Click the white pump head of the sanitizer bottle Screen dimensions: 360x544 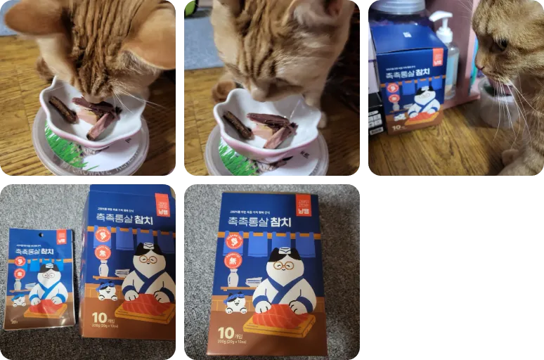click(x=441, y=17)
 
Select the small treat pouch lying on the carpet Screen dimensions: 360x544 click(x=40, y=278)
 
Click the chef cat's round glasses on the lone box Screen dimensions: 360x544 click(x=283, y=264)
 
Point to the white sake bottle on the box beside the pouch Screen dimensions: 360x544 click(x=104, y=267)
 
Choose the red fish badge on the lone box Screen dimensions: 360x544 click(x=234, y=242)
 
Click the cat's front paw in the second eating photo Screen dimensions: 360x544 click(x=224, y=91)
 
